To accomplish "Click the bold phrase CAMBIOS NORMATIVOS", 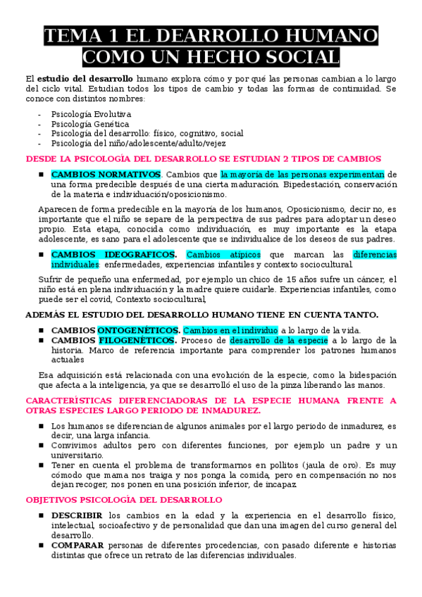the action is pos(106,174).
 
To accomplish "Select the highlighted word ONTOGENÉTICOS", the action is pos(138,330).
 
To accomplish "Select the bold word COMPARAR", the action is pos(77,545).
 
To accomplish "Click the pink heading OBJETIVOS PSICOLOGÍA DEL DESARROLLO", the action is pos(124,499).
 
